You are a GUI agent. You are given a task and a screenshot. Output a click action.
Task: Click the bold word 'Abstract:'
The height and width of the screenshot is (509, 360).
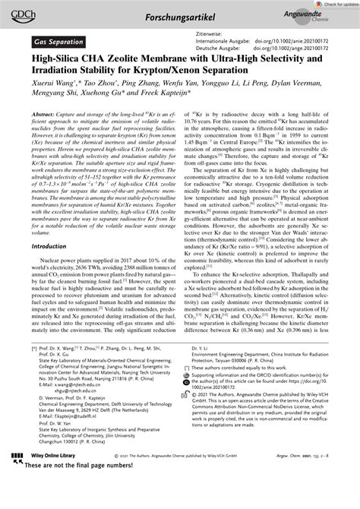pyautogui.click(x=46, y=112)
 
